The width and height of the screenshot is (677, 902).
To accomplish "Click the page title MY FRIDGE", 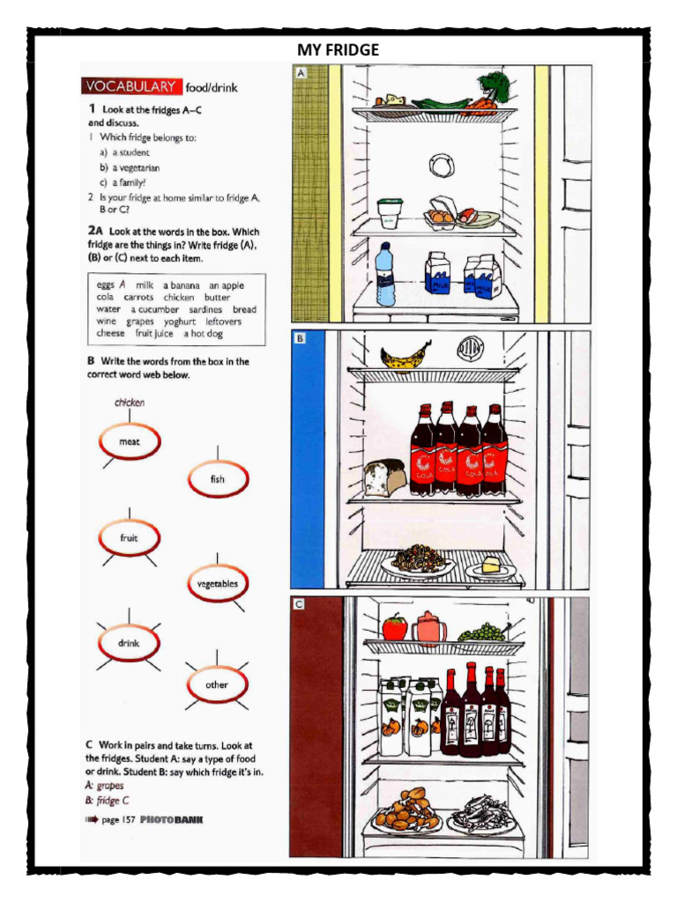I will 338,50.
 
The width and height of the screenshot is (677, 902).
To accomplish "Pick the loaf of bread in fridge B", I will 384,477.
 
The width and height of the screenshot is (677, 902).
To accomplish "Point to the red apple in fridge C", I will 395,626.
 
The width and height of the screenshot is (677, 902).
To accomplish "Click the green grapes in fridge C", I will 480,632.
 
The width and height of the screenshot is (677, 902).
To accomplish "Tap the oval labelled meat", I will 129,442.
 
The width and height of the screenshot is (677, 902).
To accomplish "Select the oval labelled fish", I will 217,480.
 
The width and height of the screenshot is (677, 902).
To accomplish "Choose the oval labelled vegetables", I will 217,584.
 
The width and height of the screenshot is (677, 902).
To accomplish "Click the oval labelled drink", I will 129,643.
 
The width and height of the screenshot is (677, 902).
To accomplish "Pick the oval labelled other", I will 216,685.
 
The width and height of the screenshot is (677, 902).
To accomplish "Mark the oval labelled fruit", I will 129,538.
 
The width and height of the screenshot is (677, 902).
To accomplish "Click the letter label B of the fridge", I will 300,338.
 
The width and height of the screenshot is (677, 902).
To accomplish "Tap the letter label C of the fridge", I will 300,604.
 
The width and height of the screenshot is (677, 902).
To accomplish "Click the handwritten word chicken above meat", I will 130,403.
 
